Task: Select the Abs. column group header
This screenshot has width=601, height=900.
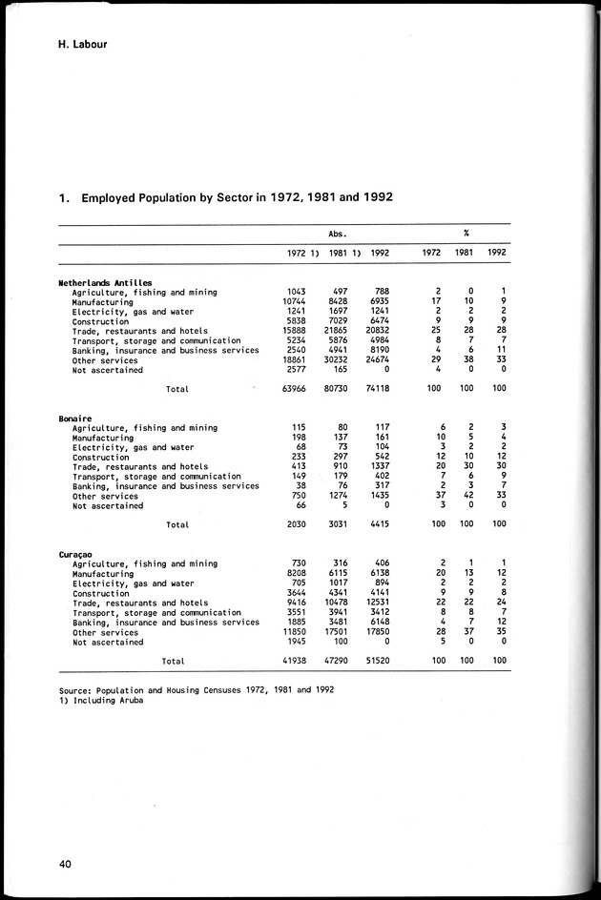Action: tap(337, 233)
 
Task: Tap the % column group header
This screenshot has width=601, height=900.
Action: tap(465, 233)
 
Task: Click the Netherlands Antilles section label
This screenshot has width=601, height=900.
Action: tap(105, 283)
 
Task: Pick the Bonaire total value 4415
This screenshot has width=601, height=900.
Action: tap(379, 524)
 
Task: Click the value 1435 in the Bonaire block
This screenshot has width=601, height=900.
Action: tap(379, 496)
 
